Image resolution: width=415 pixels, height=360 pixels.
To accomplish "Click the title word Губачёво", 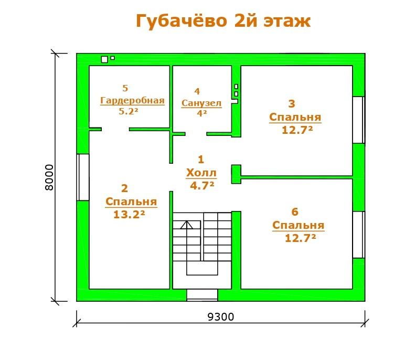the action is (182, 21).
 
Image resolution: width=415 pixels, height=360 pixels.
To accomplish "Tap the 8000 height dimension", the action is (49, 177).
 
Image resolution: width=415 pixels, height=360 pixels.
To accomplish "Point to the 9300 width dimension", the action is (221, 317).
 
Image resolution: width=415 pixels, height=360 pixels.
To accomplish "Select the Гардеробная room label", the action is (132, 101).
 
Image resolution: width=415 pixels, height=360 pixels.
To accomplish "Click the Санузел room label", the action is (201, 103).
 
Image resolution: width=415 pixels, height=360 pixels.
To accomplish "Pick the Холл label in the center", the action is (201, 173).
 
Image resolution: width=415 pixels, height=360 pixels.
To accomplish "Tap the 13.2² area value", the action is (129, 215).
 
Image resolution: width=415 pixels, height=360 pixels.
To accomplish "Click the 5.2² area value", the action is (129, 111).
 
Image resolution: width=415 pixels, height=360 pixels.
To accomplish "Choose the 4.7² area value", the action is (202, 186).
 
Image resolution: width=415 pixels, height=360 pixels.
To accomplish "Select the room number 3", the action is (292, 104).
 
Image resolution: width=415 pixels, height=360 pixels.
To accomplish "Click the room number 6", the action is (295, 212).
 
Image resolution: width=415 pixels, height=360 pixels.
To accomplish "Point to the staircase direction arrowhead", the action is (187, 225).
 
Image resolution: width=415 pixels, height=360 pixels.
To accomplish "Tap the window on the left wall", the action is (83, 177).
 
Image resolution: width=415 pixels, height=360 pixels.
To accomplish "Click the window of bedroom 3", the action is (359, 120).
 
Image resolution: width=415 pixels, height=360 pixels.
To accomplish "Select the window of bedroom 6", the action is (359, 235).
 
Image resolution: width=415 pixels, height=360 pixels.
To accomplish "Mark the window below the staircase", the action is (202, 295).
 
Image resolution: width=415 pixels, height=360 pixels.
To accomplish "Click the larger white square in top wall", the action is (104, 59).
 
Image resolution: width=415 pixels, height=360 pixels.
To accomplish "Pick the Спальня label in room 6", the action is (299, 225).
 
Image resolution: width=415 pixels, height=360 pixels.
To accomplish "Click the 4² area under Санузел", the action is (202, 113).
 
